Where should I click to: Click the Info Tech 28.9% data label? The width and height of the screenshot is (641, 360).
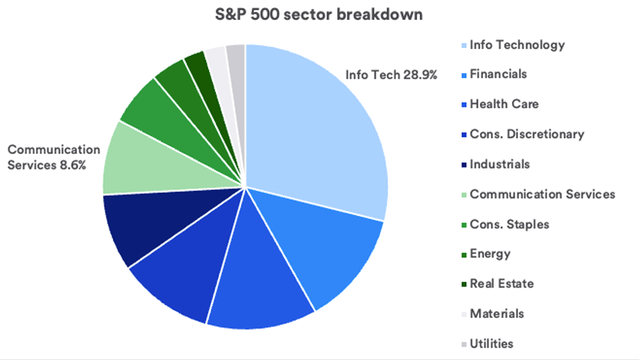[390, 76]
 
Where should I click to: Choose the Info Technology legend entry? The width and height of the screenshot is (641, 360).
[517, 44]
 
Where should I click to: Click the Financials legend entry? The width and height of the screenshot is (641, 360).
[498, 75]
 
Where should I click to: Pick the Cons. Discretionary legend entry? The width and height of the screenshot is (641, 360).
[527, 134]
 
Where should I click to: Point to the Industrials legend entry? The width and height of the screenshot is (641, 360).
[499, 164]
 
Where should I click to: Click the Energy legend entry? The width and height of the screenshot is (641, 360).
[490, 254]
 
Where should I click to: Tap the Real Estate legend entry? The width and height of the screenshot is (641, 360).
[501, 284]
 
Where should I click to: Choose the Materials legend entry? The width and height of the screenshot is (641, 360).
[497, 313]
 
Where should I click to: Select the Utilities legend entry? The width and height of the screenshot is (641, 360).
[491, 343]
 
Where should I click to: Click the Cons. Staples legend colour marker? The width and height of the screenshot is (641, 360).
[462, 224]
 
